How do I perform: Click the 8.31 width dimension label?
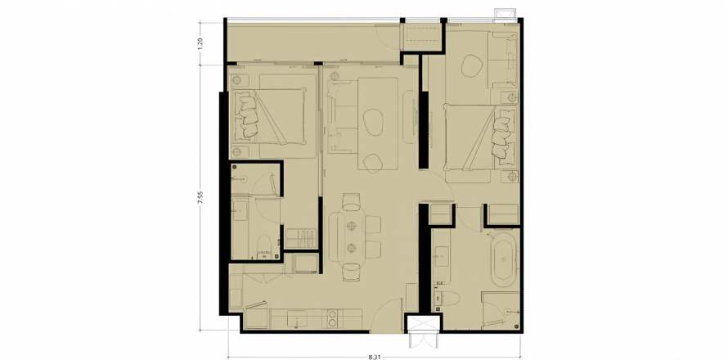point(374,357)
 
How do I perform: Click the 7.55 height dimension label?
point(200,197)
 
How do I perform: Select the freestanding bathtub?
point(503,259)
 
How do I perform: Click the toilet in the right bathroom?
point(446,301)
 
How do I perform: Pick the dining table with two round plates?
point(351,237)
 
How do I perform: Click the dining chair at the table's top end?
point(351,201)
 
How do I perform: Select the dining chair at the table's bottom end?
point(351,272)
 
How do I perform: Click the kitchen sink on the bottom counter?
point(297,319)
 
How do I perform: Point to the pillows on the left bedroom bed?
point(246,115)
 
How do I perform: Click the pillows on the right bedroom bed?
point(503,133)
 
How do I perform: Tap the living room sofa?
point(336,116)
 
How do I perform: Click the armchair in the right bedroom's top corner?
point(502,60)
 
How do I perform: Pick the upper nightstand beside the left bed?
point(239,80)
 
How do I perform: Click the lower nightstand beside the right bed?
point(511,176)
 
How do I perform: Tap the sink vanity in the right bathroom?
point(442,254)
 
